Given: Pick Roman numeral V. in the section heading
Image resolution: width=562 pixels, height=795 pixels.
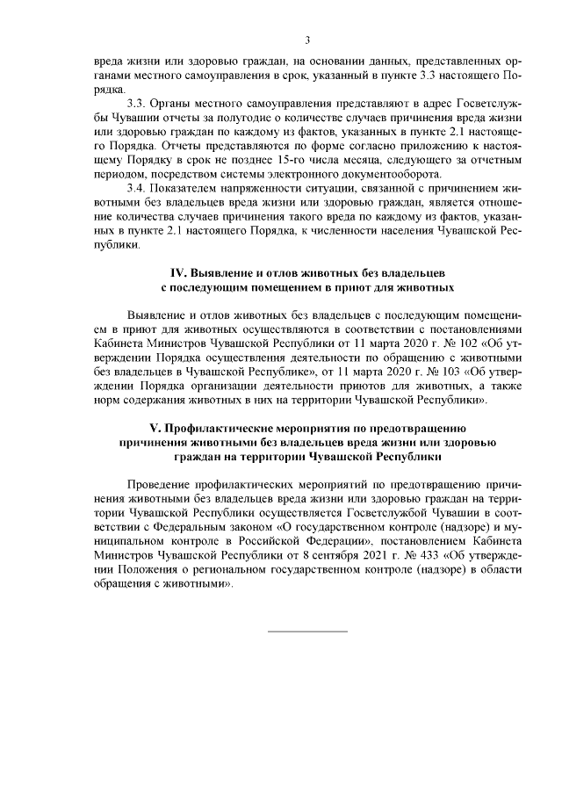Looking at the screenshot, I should click(160, 429).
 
